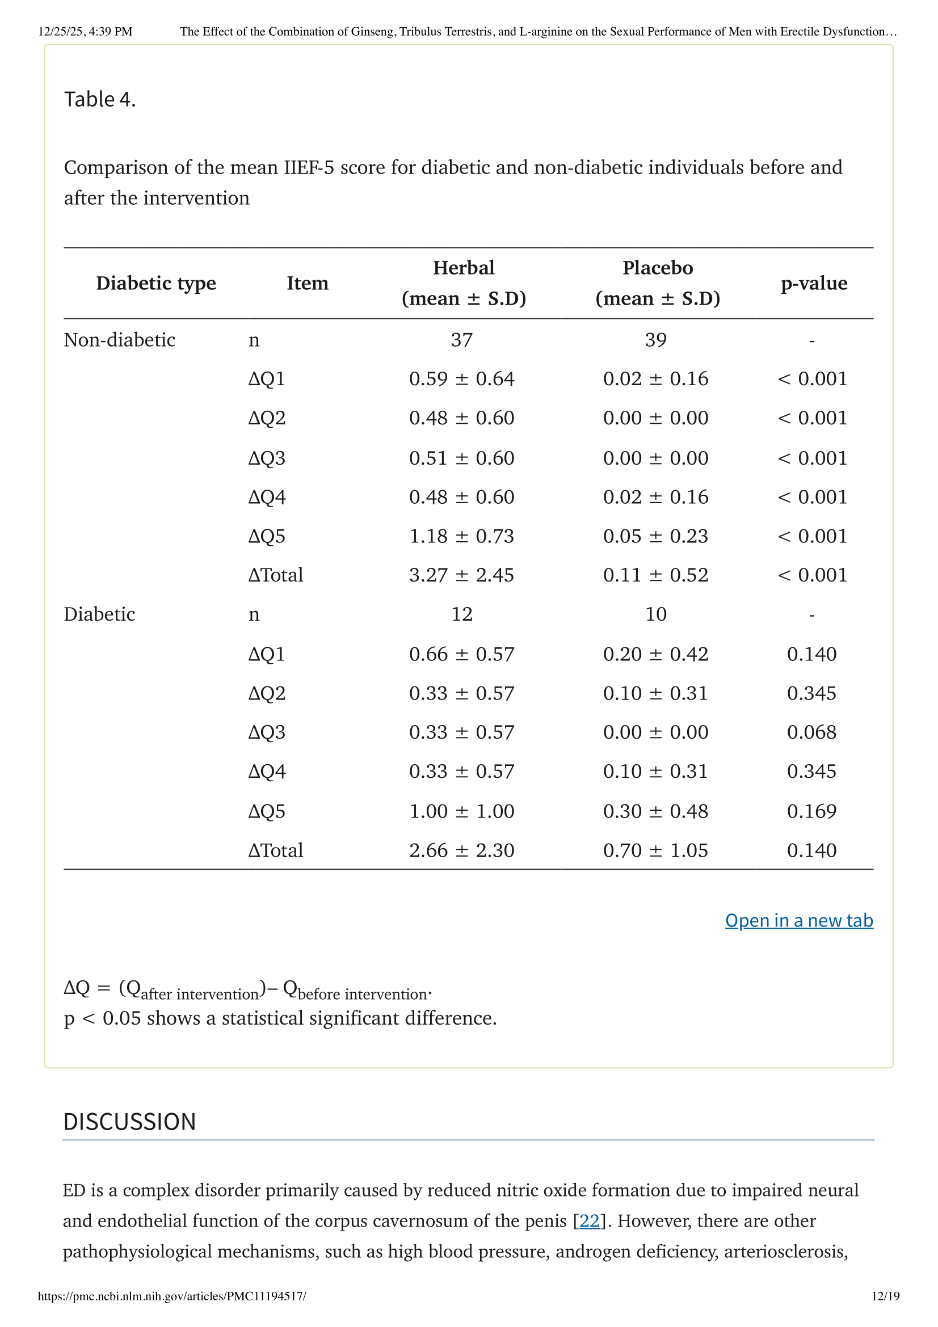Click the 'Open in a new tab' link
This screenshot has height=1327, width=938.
799,920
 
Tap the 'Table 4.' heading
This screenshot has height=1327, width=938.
100,99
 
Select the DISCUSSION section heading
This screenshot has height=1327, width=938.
129,1121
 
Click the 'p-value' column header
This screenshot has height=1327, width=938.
814,283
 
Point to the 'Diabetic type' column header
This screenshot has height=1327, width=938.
156,283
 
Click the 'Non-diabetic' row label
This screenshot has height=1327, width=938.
120,340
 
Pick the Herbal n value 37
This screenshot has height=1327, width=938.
462,340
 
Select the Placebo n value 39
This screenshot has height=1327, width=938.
656,340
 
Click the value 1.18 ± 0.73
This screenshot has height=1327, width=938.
462,536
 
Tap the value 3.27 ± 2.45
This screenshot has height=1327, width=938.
462,575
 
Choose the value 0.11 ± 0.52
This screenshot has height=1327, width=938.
656,575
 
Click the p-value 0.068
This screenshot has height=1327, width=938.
811,732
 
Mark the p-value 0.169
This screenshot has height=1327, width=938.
811,811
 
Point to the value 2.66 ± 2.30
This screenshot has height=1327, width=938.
462,850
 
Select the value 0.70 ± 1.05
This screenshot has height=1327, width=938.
656,850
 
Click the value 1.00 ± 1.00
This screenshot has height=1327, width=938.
462,811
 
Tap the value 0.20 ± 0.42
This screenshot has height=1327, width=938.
656,654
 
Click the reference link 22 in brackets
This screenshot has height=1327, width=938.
589,1221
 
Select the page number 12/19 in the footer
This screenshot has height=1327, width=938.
885,1296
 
